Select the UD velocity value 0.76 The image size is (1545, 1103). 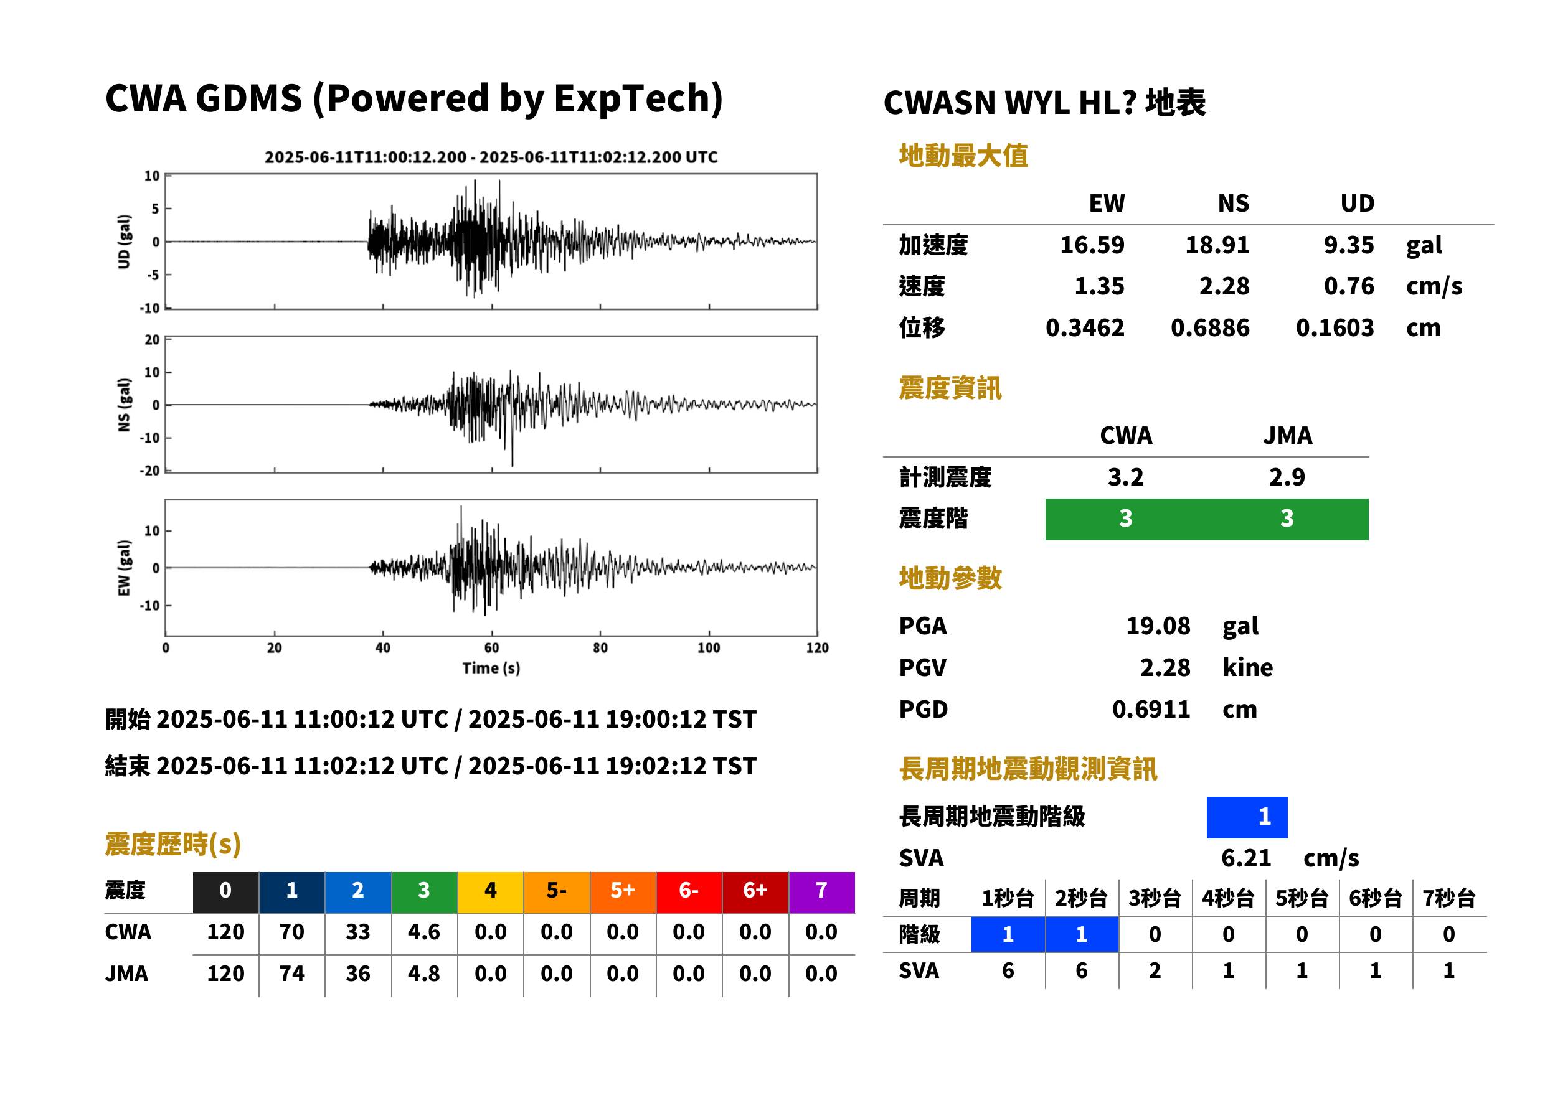coord(1348,286)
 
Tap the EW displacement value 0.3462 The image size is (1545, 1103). coord(1084,328)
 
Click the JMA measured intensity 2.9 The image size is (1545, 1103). coord(1286,477)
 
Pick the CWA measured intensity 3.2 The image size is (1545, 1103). coord(1125,477)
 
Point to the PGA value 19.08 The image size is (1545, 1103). coord(1158,626)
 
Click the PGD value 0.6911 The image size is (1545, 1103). coord(1151,709)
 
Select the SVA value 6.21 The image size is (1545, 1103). coord(1245,858)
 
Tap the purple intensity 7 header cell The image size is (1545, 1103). coord(821,892)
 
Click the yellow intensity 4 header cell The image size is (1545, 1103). coord(491,892)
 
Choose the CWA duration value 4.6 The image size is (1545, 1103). coord(424,932)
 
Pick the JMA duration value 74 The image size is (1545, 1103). coord(291,974)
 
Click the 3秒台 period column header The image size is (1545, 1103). coord(1155,898)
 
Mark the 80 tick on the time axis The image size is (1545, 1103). coord(600,647)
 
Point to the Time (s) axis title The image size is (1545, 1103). coord(491,669)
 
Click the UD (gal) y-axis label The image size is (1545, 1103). coord(124,242)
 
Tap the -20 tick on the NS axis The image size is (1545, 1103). coord(149,471)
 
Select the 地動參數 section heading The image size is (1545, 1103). coord(950,578)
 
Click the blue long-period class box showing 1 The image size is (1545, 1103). coord(1247,817)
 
